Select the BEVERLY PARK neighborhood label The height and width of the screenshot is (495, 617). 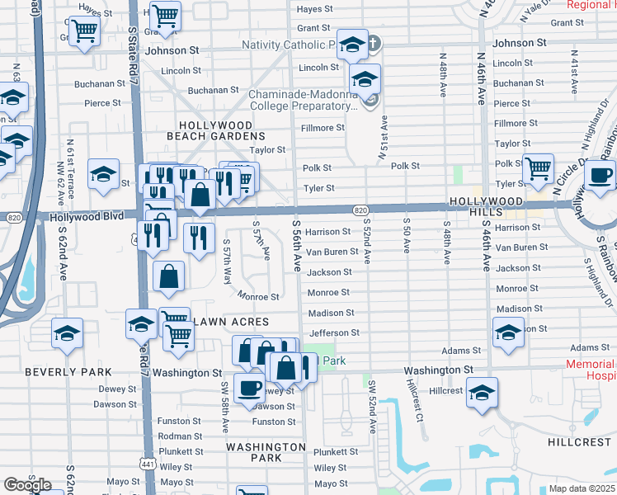(x=62, y=372)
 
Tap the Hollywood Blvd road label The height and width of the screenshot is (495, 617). (x=87, y=216)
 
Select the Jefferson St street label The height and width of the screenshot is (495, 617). (x=333, y=332)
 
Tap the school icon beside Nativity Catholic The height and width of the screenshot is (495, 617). (x=352, y=46)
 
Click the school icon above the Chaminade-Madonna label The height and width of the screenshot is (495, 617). (x=364, y=79)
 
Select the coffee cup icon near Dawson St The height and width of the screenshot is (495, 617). (x=249, y=387)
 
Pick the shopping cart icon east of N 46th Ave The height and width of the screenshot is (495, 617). (x=538, y=168)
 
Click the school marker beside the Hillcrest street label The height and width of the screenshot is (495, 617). (x=482, y=392)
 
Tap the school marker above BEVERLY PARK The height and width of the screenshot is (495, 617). (x=67, y=333)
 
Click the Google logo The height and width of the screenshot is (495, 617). (x=27, y=485)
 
